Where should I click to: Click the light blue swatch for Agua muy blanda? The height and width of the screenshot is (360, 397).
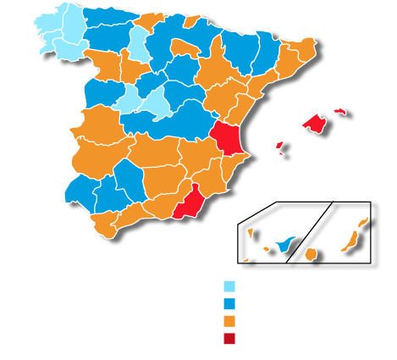click(229, 285)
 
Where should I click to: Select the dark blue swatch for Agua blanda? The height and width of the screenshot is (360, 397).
click(229, 303)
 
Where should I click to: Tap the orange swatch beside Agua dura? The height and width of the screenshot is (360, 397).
click(229, 321)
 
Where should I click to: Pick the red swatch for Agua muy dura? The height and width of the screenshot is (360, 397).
click(229, 339)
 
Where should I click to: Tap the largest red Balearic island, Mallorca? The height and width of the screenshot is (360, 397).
click(315, 124)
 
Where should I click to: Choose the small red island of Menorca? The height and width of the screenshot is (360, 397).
click(340, 110)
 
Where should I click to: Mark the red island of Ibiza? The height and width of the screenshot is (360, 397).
click(279, 145)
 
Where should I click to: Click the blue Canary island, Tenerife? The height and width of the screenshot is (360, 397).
click(286, 244)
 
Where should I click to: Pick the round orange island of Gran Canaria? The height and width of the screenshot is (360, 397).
click(311, 253)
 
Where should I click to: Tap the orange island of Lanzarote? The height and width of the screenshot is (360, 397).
click(363, 222)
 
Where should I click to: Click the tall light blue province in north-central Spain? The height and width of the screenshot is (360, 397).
click(136, 42)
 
